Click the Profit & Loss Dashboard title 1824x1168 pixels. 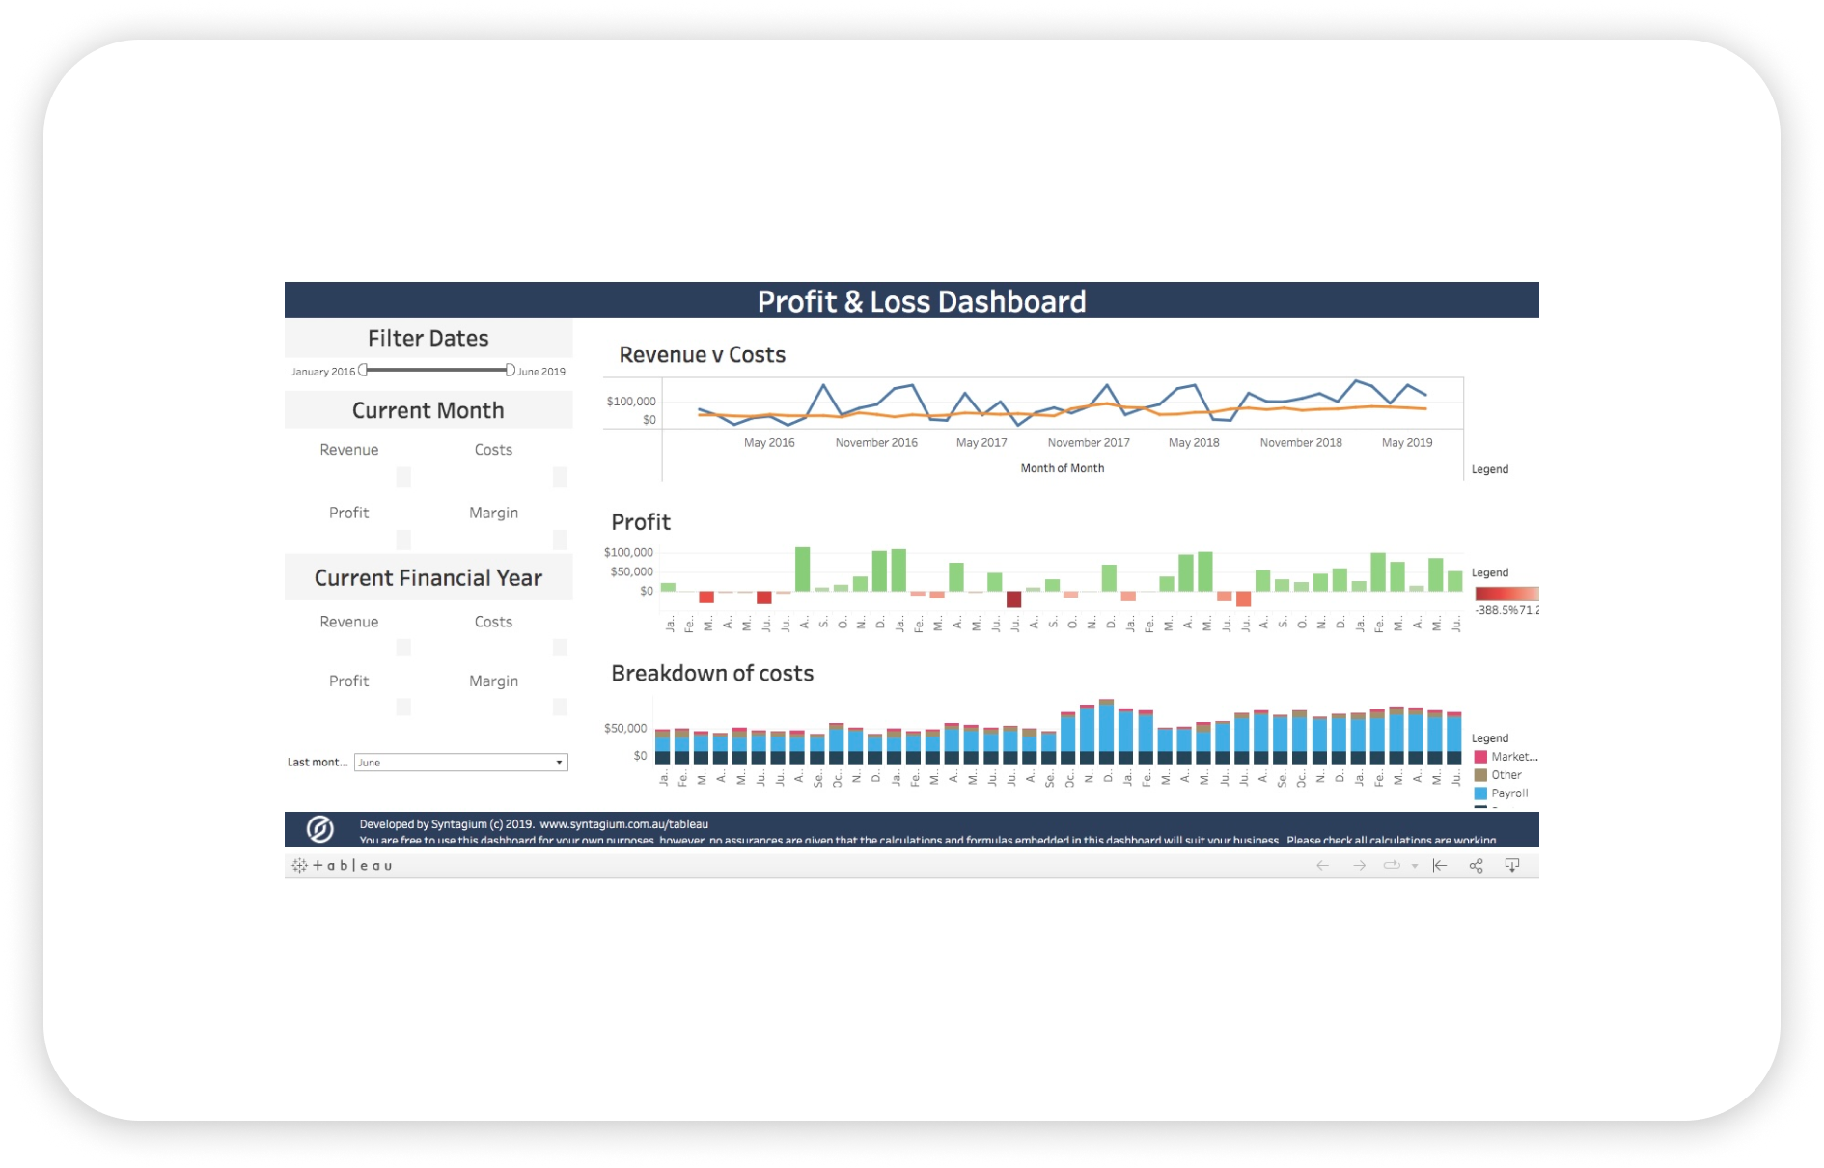coord(921,301)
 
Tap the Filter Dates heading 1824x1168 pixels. coord(428,339)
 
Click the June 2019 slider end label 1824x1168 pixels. coord(541,372)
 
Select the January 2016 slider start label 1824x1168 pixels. coord(323,372)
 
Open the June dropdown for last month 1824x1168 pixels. coord(460,763)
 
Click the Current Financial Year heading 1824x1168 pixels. coord(428,578)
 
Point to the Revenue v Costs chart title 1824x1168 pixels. coord(702,355)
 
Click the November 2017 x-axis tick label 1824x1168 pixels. coord(1089,443)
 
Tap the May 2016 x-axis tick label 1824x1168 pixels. coord(769,443)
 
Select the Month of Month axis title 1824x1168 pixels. coord(1062,468)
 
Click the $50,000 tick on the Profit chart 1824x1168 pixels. coord(631,571)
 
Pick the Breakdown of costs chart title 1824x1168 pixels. coord(712,674)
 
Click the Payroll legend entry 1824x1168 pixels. coord(1509,793)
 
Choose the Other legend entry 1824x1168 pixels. coord(1506,775)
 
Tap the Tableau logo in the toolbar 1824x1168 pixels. coord(343,866)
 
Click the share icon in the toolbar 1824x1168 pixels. coord(1476,866)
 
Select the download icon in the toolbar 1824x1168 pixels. coord(1512,866)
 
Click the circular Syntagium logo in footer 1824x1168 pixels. coord(320,829)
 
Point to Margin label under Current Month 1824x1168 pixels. coord(493,513)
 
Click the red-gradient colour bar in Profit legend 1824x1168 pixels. coord(1506,594)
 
